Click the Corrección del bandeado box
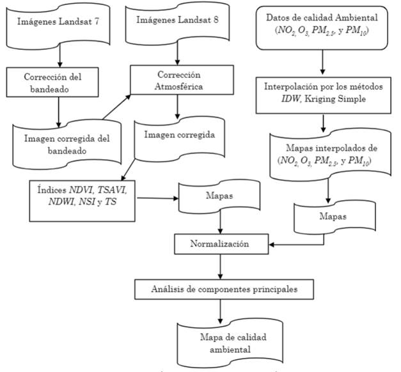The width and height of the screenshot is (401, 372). click(x=57, y=82)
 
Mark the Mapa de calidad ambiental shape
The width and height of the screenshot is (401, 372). click(x=220, y=342)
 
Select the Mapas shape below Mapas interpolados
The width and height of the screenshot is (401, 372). click(x=327, y=217)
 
